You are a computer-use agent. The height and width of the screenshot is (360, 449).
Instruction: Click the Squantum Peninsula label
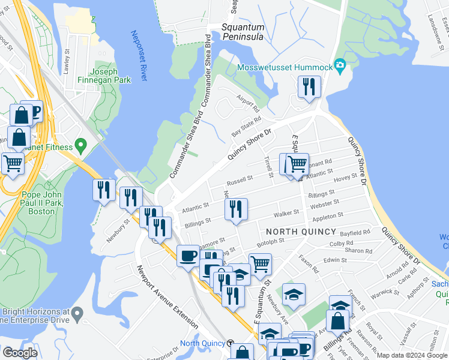click(x=243, y=32)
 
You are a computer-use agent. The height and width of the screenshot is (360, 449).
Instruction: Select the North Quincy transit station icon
click(x=231, y=343)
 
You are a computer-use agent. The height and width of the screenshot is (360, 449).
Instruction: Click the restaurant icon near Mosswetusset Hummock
click(x=309, y=86)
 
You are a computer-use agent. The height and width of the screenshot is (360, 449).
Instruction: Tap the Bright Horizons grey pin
click(x=77, y=313)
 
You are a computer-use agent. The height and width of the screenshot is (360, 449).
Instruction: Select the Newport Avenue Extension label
click(x=166, y=296)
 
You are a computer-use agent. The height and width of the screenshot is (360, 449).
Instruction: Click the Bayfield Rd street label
click(x=355, y=232)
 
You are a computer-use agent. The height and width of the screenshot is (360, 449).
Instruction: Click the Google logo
click(x=20, y=353)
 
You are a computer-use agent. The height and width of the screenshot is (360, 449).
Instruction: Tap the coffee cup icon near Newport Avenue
click(x=187, y=256)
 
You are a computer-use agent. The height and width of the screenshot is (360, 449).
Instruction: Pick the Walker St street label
click(x=286, y=213)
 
